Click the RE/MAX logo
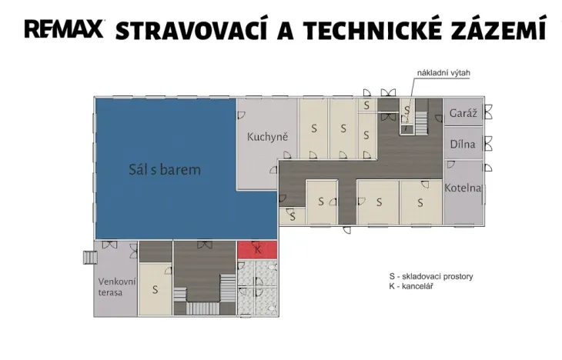tap(64, 29)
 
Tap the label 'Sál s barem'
tap(165, 169)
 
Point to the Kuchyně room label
tap(267, 137)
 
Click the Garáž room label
tap(463, 113)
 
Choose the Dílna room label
tap(463, 144)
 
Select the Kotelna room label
tap(463, 188)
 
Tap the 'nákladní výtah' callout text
tap(443, 73)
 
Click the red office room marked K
tap(258, 250)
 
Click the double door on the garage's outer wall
tap(488, 112)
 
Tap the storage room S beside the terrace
tap(156, 289)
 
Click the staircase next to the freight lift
tap(421, 121)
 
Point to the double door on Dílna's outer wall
tap(488, 144)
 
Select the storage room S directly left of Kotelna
tap(421, 202)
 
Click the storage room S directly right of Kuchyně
tap(313, 128)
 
